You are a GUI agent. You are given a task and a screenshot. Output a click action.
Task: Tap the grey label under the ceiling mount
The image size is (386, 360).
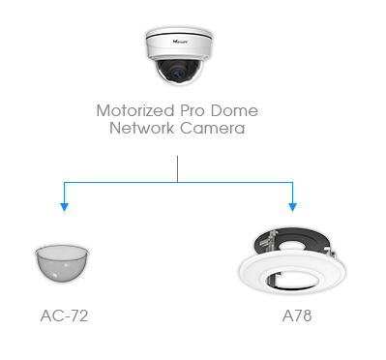coord(290,312)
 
